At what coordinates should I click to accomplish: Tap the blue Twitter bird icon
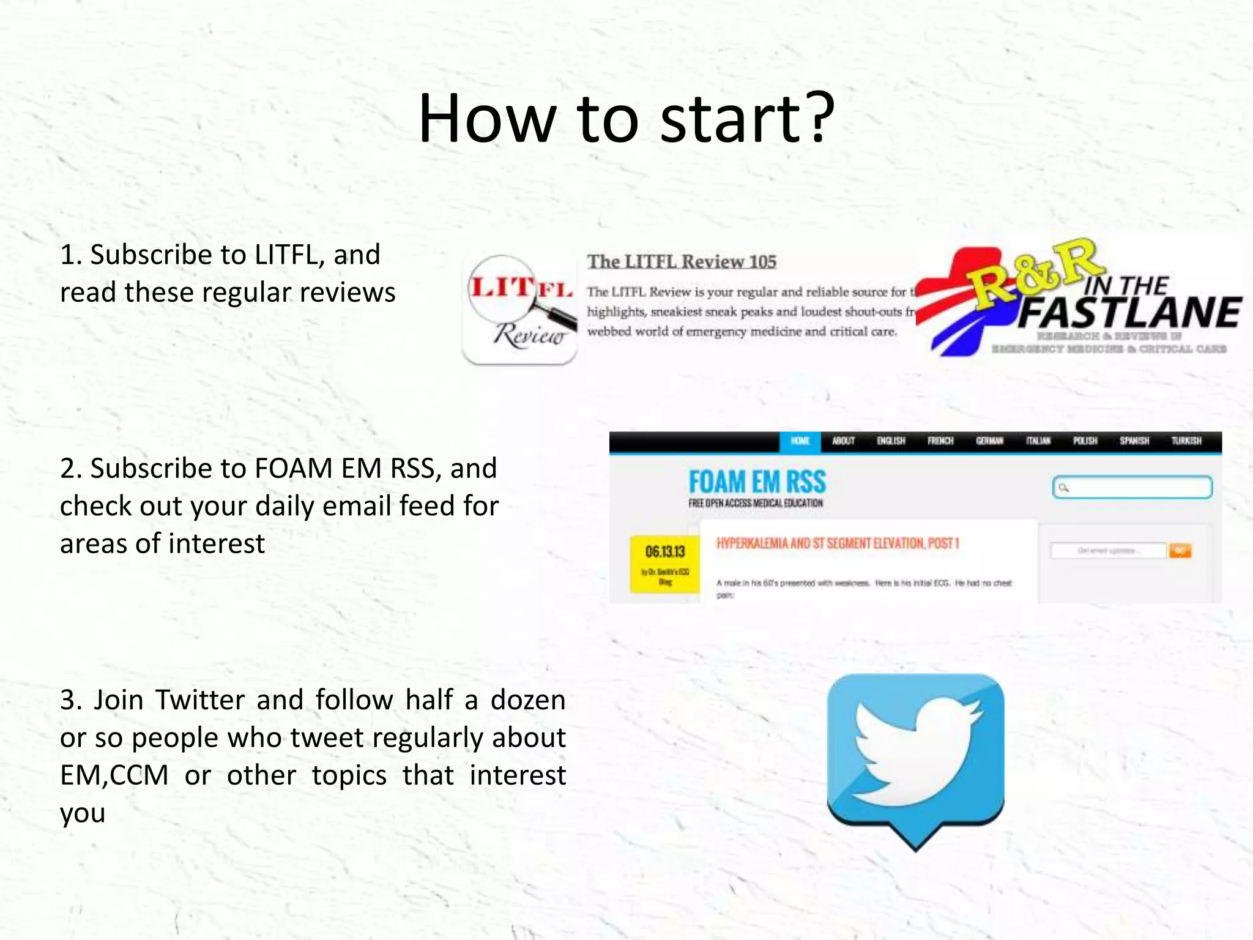pyautogui.click(x=915, y=756)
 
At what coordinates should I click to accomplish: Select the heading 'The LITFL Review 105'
pyautogui.click(x=682, y=262)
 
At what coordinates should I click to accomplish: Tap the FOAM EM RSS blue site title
pyautogui.click(x=757, y=482)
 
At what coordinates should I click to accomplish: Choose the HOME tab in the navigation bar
pyautogui.click(x=800, y=441)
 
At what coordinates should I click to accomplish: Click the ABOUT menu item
pyautogui.click(x=843, y=441)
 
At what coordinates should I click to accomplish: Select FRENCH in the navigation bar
pyautogui.click(x=940, y=441)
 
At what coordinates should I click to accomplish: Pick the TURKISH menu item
pyautogui.click(x=1186, y=441)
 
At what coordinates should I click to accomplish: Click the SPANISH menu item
pyautogui.click(x=1134, y=441)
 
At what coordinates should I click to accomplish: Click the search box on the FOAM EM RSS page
pyautogui.click(x=1132, y=488)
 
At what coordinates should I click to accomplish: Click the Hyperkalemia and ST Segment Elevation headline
pyautogui.click(x=838, y=543)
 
